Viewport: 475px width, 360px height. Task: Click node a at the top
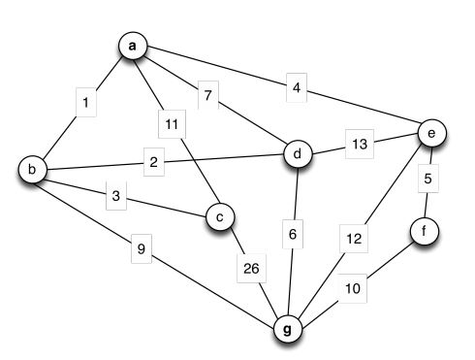click(133, 47)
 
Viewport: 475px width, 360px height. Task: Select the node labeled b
click(33, 171)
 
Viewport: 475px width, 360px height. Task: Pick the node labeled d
click(298, 153)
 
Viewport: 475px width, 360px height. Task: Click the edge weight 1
click(86, 102)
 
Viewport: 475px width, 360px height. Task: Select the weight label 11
click(172, 123)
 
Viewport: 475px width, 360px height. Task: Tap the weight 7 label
click(206, 95)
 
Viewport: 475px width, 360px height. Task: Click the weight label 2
click(153, 162)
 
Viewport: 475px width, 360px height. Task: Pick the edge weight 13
click(360, 145)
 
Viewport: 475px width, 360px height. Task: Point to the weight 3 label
click(115, 197)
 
